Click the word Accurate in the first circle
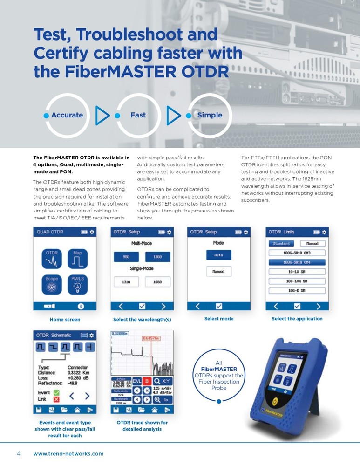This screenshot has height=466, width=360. click(x=67, y=115)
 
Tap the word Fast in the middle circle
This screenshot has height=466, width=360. click(x=138, y=115)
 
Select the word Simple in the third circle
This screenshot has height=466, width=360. click(x=210, y=115)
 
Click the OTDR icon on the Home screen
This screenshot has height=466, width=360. click(x=52, y=259)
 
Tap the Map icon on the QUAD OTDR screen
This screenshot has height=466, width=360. click(x=77, y=259)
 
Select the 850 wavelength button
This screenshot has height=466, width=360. click(x=126, y=257)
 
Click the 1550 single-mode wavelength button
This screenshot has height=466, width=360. click(x=157, y=281)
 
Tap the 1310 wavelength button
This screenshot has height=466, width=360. click(x=126, y=281)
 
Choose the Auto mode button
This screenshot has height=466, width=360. click(x=219, y=255)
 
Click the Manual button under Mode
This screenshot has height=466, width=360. click(x=219, y=271)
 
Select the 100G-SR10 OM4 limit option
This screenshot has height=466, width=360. click(x=297, y=262)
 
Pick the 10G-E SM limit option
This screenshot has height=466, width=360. click(x=297, y=290)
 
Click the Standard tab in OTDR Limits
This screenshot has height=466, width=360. click(x=281, y=243)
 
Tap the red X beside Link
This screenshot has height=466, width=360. click(x=56, y=400)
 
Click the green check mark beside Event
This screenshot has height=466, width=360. click(x=56, y=392)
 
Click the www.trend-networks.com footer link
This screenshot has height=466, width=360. click(x=68, y=453)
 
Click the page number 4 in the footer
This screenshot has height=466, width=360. click(x=19, y=453)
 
